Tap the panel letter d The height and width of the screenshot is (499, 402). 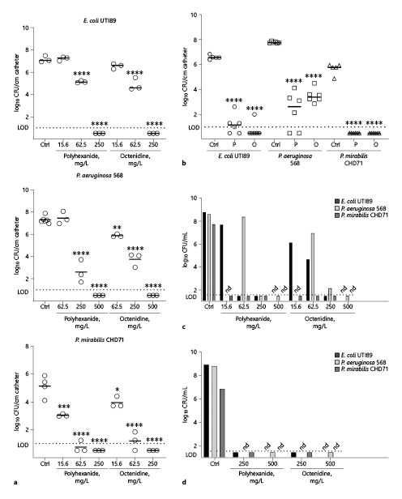(x=211, y=484)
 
